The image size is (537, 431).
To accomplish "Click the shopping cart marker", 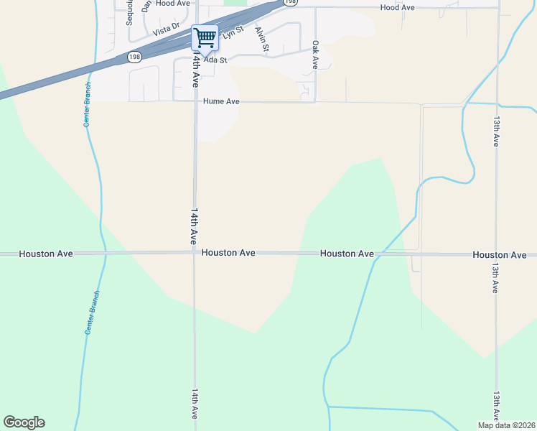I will click(x=205, y=38).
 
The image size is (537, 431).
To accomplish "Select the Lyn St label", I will click(x=233, y=32).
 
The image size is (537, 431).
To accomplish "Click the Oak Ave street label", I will click(x=314, y=55).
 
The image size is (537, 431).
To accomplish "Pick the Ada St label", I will click(x=215, y=60).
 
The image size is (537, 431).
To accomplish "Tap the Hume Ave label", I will click(x=221, y=102).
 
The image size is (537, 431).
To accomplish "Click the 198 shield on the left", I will click(x=134, y=56).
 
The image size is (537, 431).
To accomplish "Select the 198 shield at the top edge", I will click(x=290, y=3).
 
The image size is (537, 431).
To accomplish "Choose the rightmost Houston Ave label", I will click(x=500, y=255).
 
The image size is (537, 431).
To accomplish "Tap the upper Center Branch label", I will click(x=88, y=105).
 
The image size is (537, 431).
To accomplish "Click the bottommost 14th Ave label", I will click(x=195, y=404).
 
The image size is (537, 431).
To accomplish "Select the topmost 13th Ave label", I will click(x=495, y=131).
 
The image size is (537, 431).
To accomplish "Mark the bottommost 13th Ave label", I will click(x=495, y=407).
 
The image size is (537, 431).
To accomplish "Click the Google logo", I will click(x=24, y=422).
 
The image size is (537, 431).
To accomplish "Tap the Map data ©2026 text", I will click(x=505, y=425).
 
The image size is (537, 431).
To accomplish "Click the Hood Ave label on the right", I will click(x=398, y=7).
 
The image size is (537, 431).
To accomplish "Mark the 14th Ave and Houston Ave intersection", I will click(x=195, y=254).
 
